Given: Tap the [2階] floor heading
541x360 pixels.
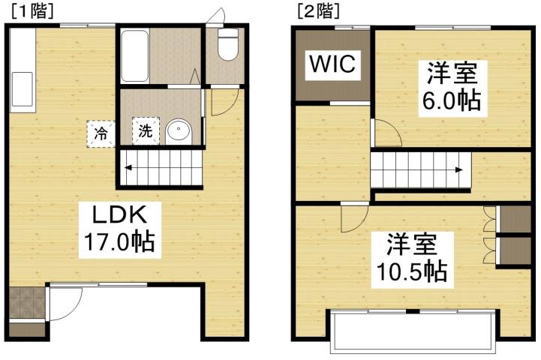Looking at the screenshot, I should tap(318, 11).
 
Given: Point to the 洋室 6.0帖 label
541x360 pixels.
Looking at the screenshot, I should tap(451, 87).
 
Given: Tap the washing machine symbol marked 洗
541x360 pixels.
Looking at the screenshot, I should tap(144, 131).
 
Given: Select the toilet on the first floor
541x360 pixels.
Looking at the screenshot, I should tap(226, 46).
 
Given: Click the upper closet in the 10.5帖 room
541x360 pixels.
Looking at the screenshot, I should tap(514, 218).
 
